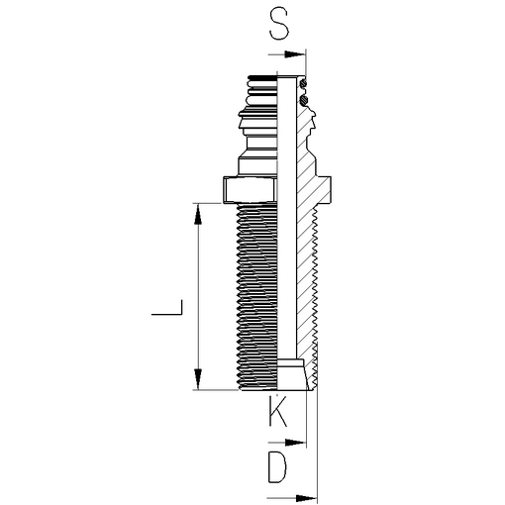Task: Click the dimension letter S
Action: pyautogui.click(x=279, y=24)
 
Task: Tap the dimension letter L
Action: pyautogui.click(x=166, y=307)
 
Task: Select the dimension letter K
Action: pyautogui.click(x=278, y=411)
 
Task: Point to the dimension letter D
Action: pyautogui.click(x=277, y=467)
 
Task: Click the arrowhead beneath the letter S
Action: pyautogui.click(x=295, y=54)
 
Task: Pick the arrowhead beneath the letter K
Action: pyautogui.click(x=295, y=443)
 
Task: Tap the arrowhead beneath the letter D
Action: pyautogui.click(x=306, y=498)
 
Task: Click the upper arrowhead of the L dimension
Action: pyautogui.click(x=197, y=214)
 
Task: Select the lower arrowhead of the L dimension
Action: pyautogui.click(x=197, y=379)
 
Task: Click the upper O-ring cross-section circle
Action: pyautogui.click(x=303, y=83)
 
